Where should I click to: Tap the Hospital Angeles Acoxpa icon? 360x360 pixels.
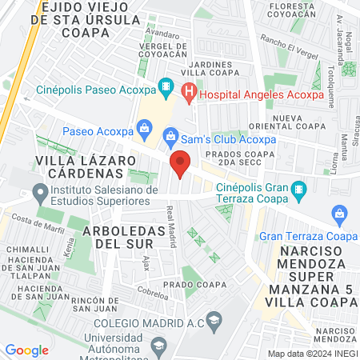tap(189, 93)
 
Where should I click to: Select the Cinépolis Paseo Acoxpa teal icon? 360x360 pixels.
tap(166, 86)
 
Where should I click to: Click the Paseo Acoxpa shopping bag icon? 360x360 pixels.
tap(144, 127)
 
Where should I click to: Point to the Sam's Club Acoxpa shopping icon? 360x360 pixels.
tap(171, 138)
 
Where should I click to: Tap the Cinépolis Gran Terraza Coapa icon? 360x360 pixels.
tap(298, 190)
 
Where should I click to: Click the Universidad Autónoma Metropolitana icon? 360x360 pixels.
tap(158, 346)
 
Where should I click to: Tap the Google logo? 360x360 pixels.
tap(26, 350)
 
